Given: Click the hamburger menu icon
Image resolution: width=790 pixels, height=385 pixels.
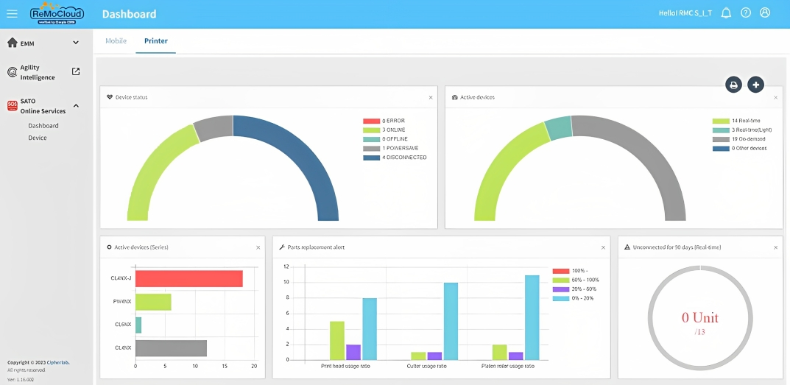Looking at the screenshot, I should coord(12,13).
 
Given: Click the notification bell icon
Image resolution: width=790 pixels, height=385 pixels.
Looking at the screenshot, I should coord(726,13).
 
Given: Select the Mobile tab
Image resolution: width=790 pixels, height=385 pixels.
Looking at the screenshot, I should coord(116,41).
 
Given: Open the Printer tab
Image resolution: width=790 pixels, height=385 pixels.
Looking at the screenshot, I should coord(155,41).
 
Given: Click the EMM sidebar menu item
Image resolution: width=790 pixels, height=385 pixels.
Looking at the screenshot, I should coord(43,43).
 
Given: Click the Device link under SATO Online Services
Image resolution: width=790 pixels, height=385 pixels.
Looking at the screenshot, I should coord(38,138).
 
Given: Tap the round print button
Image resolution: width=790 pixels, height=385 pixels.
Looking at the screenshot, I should coord(733,85).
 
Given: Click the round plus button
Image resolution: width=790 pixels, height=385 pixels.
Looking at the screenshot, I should coord(755,85).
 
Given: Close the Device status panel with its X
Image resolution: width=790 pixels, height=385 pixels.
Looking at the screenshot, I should coord(431,97).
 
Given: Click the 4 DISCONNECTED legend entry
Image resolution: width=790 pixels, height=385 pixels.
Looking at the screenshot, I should coord(395,158).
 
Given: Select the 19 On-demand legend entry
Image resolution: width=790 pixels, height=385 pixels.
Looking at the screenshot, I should coord(741,139).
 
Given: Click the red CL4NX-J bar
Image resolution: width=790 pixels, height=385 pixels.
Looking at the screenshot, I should coord(189,278).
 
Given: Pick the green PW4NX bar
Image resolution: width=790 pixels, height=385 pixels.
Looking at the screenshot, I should coord(153,302).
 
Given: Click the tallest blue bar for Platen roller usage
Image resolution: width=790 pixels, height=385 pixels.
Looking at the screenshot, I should coord(532,317).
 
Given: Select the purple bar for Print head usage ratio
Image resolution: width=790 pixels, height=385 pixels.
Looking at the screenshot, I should coord(353,352).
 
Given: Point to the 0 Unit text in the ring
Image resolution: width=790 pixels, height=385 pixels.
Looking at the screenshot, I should coord(699,318).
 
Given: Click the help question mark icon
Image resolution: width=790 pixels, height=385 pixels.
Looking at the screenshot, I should coord(746,13).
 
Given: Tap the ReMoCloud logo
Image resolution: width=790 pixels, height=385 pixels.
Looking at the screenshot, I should coord(57,13).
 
